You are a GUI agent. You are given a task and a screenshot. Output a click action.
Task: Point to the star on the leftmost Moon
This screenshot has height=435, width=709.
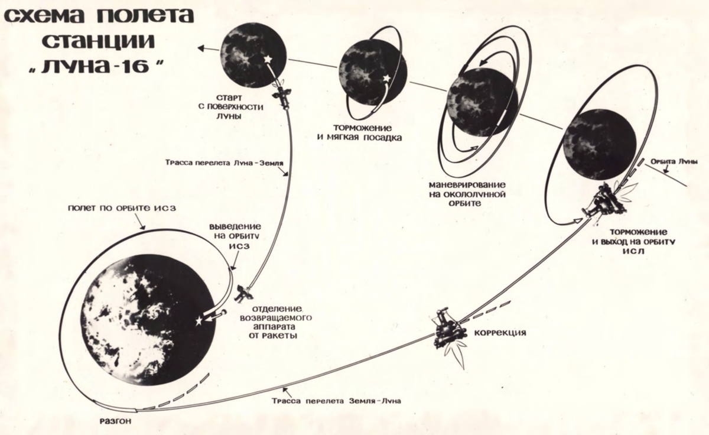pyautogui.click(x=267, y=60)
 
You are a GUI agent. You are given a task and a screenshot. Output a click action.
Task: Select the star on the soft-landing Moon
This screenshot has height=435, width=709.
pyautogui.click(x=387, y=78)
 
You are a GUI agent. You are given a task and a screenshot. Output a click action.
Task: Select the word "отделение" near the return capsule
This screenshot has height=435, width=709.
pyautogui.click(x=277, y=309)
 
